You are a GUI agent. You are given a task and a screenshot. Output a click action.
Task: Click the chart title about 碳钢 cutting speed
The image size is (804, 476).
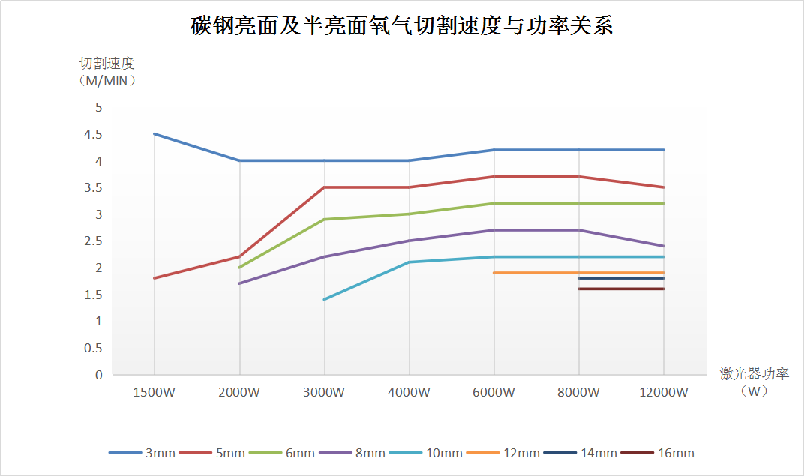(x=402, y=26)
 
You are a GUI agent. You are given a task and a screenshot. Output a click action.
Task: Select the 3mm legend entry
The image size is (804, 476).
(x=142, y=453)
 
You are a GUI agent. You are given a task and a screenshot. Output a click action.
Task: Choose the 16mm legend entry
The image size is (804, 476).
(x=658, y=453)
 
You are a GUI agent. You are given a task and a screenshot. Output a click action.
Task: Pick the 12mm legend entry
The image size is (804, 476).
(x=503, y=453)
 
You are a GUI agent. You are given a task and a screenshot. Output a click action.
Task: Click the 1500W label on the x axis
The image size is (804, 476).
(x=154, y=392)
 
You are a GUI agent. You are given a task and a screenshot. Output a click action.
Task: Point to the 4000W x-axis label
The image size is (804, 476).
(x=409, y=392)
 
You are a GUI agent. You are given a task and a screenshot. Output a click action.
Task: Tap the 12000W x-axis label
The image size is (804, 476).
(x=663, y=392)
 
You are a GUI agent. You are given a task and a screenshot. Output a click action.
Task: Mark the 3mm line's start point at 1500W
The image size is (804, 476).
(x=154, y=134)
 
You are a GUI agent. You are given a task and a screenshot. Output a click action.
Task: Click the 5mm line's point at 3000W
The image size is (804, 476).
(x=324, y=187)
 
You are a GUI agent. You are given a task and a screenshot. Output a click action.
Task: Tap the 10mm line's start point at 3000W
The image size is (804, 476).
(x=324, y=299)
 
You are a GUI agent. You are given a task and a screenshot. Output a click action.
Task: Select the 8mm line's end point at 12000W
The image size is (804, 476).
(x=663, y=246)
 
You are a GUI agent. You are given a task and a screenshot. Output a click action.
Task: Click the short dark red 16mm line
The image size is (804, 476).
(x=621, y=289)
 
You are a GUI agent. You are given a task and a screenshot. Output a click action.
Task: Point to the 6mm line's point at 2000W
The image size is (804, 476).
(x=239, y=267)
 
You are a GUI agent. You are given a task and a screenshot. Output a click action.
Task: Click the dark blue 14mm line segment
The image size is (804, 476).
(x=621, y=278)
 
